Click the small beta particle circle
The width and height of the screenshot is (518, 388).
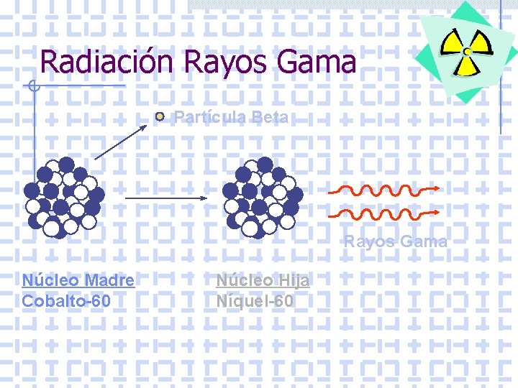pyautogui.click(x=161, y=116)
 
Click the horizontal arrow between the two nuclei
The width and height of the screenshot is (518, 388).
pyautogui.click(x=166, y=198)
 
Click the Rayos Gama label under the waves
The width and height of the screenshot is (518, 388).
pyautogui.click(x=395, y=241)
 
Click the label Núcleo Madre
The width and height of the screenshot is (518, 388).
pyautogui.click(x=78, y=280)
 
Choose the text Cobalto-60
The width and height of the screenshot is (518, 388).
pyautogui.click(x=66, y=300)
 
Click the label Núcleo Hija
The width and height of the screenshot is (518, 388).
pyautogui.click(x=263, y=280)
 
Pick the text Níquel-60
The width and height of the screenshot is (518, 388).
pyautogui.click(x=255, y=300)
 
